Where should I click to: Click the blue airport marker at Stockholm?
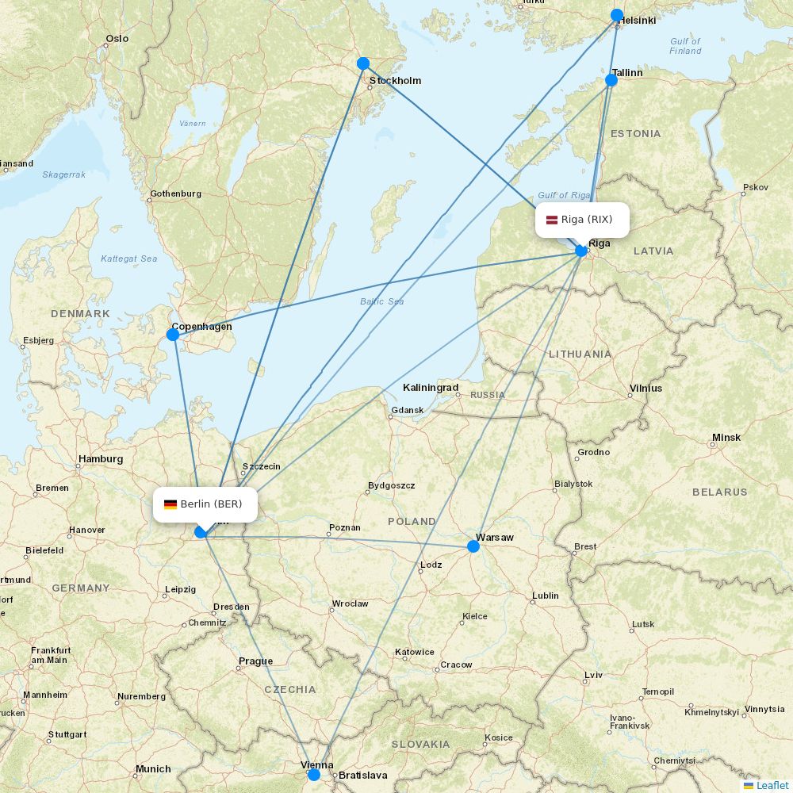(363, 63)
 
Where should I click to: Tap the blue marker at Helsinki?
(617, 15)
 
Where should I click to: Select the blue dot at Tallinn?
(611, 80)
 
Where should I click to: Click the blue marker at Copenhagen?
(173, 335)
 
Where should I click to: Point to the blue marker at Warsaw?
(473, 546)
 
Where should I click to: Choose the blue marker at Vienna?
(314, 774)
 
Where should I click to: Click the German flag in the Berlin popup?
(170, 504)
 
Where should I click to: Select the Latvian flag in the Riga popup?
(551, 220)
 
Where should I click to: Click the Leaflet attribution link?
(772, 785)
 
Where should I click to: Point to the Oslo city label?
(117, 38)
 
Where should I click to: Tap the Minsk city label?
(726, 437)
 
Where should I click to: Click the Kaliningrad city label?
(431, 388)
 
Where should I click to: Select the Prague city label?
(255, 661)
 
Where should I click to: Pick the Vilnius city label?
(645, 389)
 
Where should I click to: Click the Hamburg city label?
(100, 458)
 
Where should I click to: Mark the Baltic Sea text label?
(381, 301)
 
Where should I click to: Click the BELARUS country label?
(719, 492)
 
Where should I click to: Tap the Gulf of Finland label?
(685, 46)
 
